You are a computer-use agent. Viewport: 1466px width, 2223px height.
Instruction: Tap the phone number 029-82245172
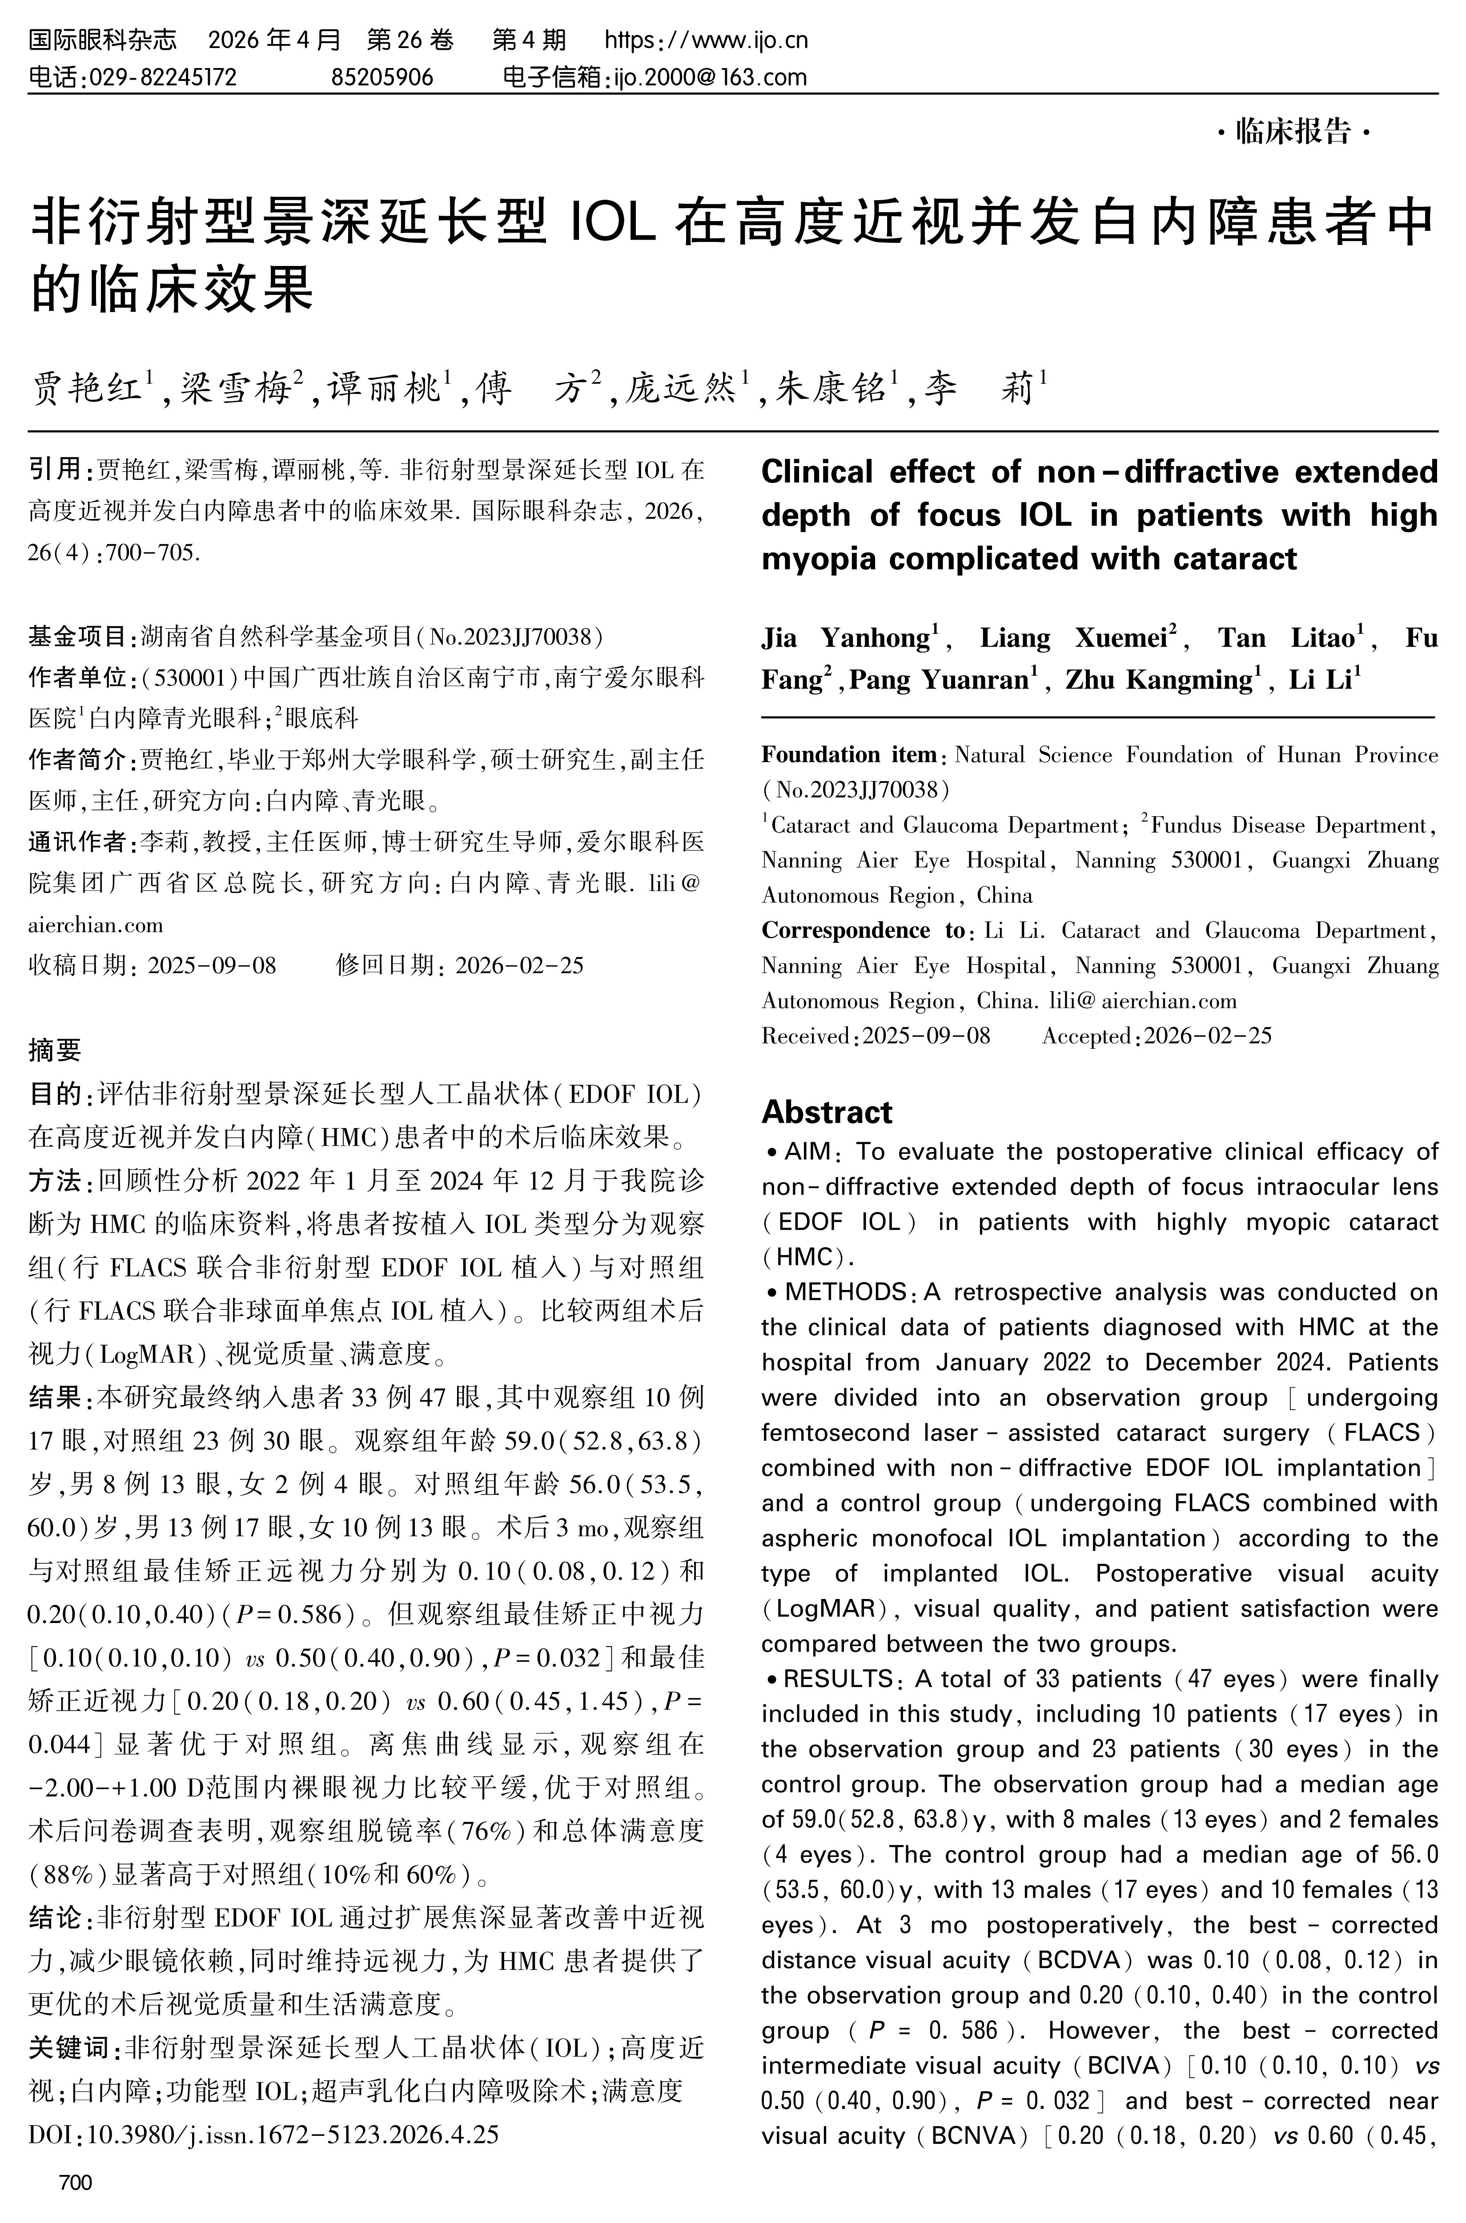(163, 77)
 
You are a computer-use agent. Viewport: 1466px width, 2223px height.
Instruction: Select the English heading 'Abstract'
(827, 1112)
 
